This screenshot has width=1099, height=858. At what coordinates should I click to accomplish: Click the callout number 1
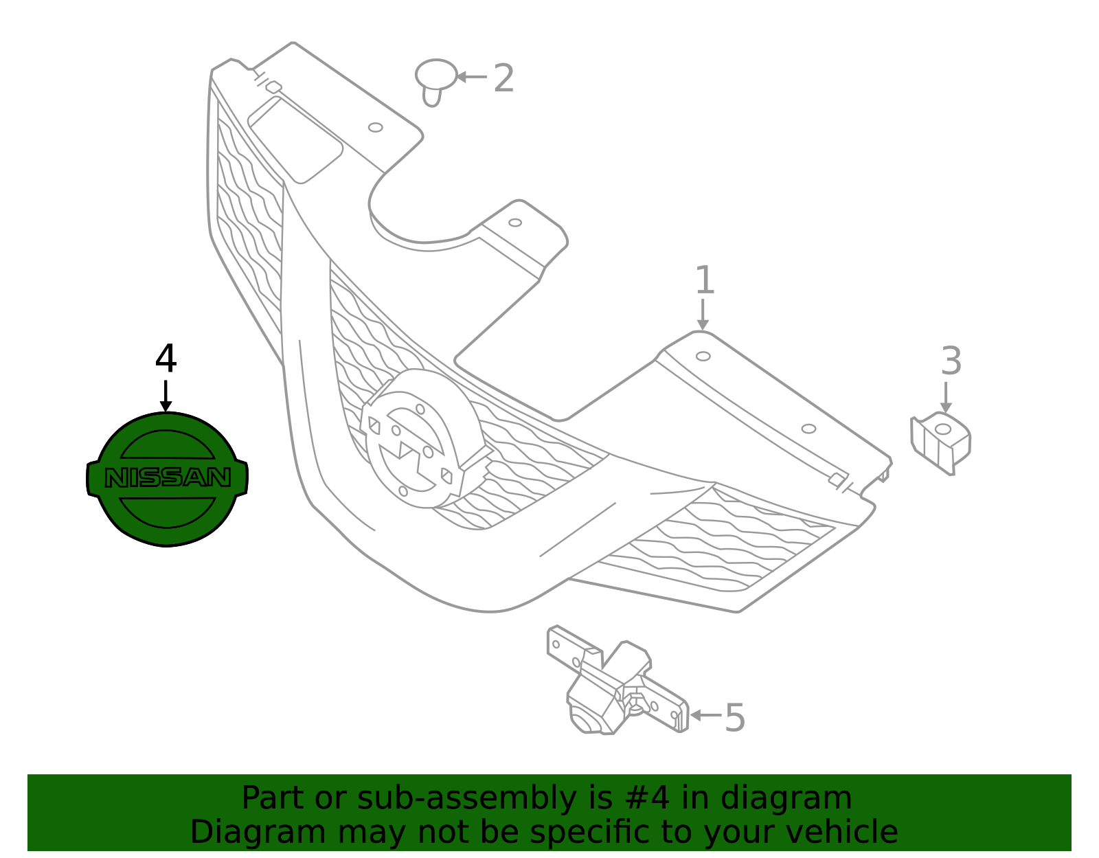pyautogui.click(x=705, y=280)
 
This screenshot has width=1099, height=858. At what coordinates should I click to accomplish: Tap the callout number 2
pyautogui.click(x=503, y=78)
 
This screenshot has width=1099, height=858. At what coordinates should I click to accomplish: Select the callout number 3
pyautogui.click(x=951, y=361)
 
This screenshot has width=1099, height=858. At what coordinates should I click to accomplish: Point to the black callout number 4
pyautogui.click(x=166, y=359)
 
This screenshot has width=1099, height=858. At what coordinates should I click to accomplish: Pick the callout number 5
pyautogui.click(x=735, y=718)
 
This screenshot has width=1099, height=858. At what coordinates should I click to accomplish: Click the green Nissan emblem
pyautogui.click(x=167, y=479)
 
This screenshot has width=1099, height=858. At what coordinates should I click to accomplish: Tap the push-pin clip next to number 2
pyautogui.click(x=435, y=82)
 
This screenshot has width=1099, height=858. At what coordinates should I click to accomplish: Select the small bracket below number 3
pyautogui.click(x=940, y=444)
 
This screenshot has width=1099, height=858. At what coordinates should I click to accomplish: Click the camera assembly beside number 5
pyautogui.click(x=618, y=680)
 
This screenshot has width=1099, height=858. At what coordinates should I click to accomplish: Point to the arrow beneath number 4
pyautogui.click(x=166, y=396)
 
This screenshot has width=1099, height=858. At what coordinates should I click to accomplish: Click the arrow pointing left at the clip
pyautogui.click(x=471, y=77)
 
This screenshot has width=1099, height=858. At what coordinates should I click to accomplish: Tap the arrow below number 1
pyautogui.click(x=703, y=315)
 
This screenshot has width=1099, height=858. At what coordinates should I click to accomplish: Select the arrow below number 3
pyautogui.click(x=946, y=397)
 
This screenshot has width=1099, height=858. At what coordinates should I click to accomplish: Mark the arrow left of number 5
pyautogui.click(x=706, y=715)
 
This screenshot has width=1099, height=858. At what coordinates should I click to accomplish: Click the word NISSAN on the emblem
pyautogui.click(x=168, y=478)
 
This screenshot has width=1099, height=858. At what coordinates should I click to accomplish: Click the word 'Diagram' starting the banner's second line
pyautogui.click(x=258, y=833)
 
